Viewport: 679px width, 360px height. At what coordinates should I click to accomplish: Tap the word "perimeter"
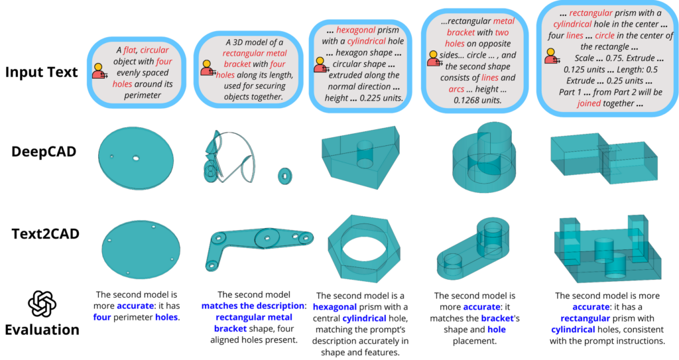pos(142,95)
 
